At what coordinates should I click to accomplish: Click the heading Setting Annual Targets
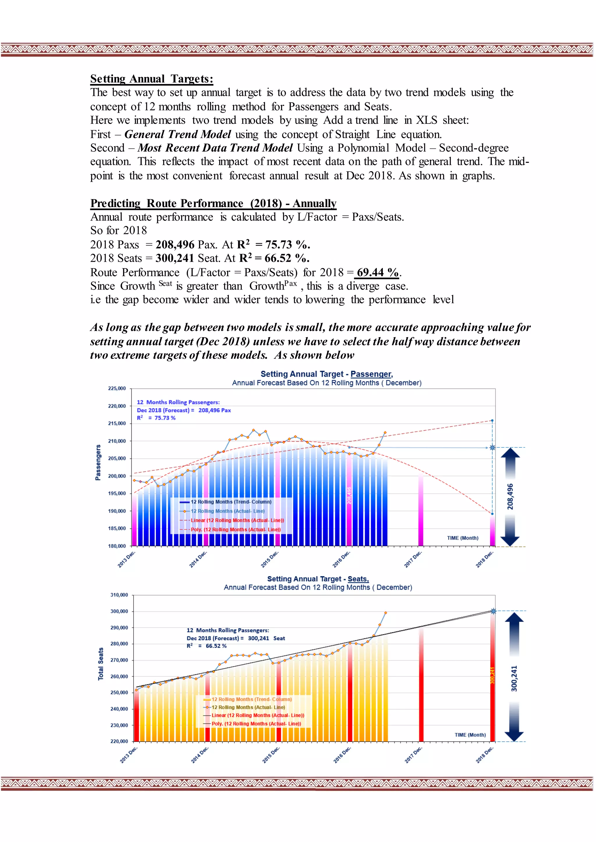click(x=151, y=79)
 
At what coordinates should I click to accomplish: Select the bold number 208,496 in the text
click(x=175, y=244)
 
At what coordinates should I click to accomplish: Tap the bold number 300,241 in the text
click(x=174, y=258)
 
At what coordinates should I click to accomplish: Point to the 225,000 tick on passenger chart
click(x=117, y=388)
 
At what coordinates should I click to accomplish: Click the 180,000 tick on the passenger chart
click(x=117, y=546)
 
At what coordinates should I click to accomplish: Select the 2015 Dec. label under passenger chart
click(x=270, y=559)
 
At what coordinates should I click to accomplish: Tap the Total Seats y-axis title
click(x=101, y=664)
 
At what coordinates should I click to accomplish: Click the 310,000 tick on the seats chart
click(x=119, y=595)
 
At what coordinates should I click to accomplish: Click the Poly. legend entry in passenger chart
click(x=235, y=529)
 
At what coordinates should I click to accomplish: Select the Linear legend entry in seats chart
click(x=257, y=716)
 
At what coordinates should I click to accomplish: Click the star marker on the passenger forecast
click(x=492, y=447)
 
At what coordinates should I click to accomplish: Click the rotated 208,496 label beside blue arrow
click(x=510, y=497)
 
